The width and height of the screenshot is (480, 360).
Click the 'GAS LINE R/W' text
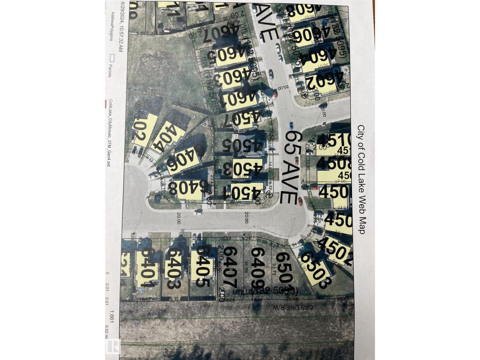click(292, 307)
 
